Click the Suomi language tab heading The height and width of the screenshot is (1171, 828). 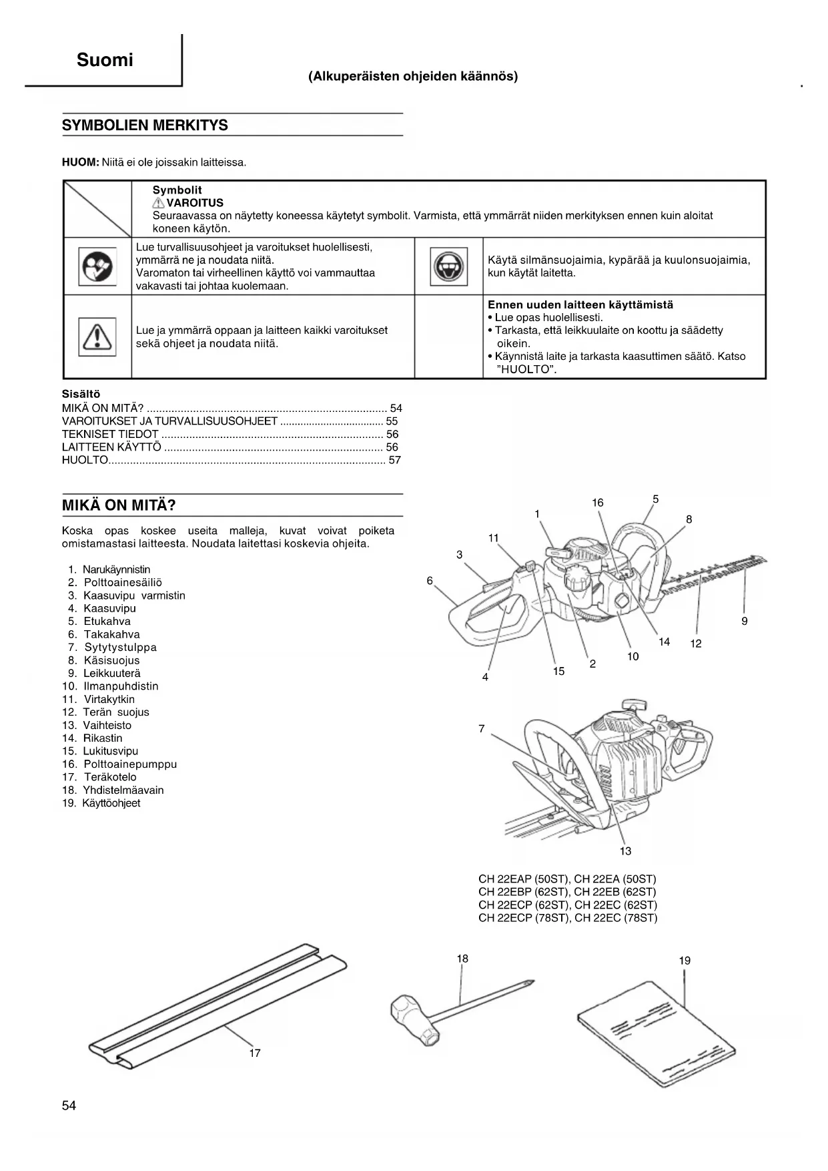pyautogui.click(x=105, y=60)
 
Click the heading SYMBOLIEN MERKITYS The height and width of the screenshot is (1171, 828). pyautogui.click(x=145, y=126)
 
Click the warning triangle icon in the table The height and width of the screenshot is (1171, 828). pyautogui.click(x=97, y=337)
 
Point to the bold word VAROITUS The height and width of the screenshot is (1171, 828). pyautogui.click(x=194, y=203)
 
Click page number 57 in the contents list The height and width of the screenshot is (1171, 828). pyautogui.click(x=394, y=460)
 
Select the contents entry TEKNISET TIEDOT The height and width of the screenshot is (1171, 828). pyautogui.click(x=110, y=434)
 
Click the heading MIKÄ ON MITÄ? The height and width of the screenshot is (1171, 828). pyautogui.click(x=119, y=505)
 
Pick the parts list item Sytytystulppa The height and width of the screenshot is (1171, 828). pyautogui.click(x=120, y=648)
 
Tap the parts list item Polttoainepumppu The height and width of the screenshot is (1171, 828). pyautogui.click(x=130, y=764)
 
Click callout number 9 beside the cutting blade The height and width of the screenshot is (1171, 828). pyautogui.click(x=745, y=621)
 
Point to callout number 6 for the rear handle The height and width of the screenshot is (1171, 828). pyautogui.click(x=430, y=581)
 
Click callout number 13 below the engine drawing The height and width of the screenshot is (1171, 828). pyautogui.click(x=625, y=851)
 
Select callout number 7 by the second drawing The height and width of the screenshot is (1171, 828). pyautogui.click(x=482, y=729)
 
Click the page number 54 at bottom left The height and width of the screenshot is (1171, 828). pyautogui.click(x=69, y=1106)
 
